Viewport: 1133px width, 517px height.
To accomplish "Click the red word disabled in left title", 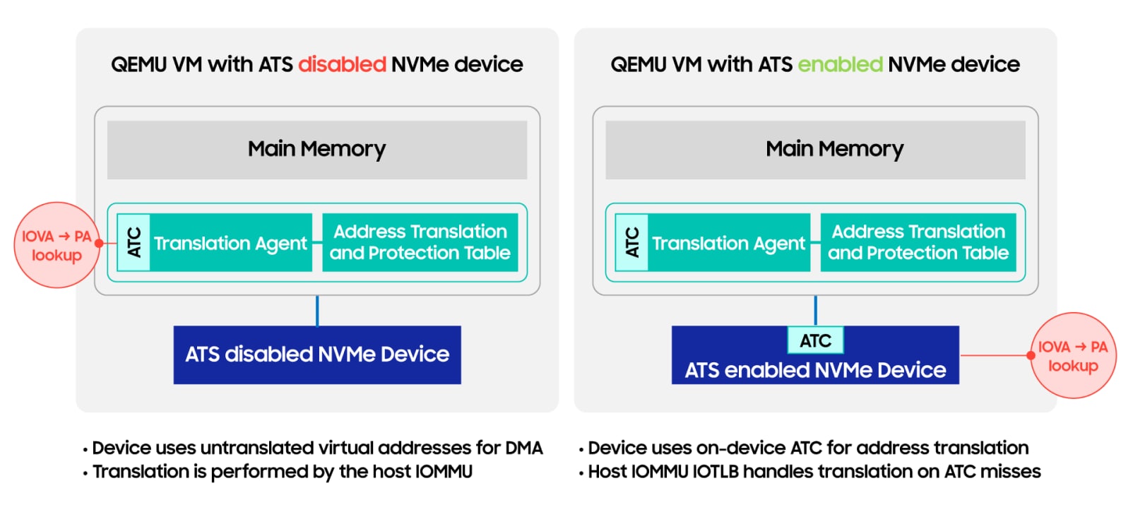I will coord(342,64).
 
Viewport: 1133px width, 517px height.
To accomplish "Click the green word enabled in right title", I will coord(840,64).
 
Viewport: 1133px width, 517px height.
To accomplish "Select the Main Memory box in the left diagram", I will coord(316,149).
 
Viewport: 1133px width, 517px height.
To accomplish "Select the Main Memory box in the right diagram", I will coord(815,149).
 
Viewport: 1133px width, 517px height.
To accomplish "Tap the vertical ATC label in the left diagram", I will coord(134,242).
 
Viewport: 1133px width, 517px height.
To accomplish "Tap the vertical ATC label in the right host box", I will coord(631,242).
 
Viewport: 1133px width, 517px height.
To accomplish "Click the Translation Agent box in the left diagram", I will coord(231,243).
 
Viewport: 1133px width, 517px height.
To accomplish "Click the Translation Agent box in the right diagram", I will coord(728,243).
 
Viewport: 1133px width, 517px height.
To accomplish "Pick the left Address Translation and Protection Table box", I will coord(420,242).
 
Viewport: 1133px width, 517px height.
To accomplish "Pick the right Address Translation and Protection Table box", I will coord(918,242).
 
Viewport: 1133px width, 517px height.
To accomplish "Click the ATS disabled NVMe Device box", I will coord(317,355).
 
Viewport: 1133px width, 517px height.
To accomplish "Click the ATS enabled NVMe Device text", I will coord(815,370).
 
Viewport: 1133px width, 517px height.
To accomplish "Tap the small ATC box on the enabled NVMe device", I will coord(815,340).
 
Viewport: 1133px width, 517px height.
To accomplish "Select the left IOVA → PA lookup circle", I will coord(56,245).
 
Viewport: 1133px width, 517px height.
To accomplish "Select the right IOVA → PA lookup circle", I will coord(1073,355).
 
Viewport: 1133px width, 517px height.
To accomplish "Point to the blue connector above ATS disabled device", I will coord(317,311).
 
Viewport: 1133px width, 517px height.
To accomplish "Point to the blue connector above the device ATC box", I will coord(815,310).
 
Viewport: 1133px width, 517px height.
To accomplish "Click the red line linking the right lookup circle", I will coord(994,355).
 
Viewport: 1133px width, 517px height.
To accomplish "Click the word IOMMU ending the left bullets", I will coord(444,472).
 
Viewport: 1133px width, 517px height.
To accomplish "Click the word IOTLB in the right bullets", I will coord(716,472).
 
